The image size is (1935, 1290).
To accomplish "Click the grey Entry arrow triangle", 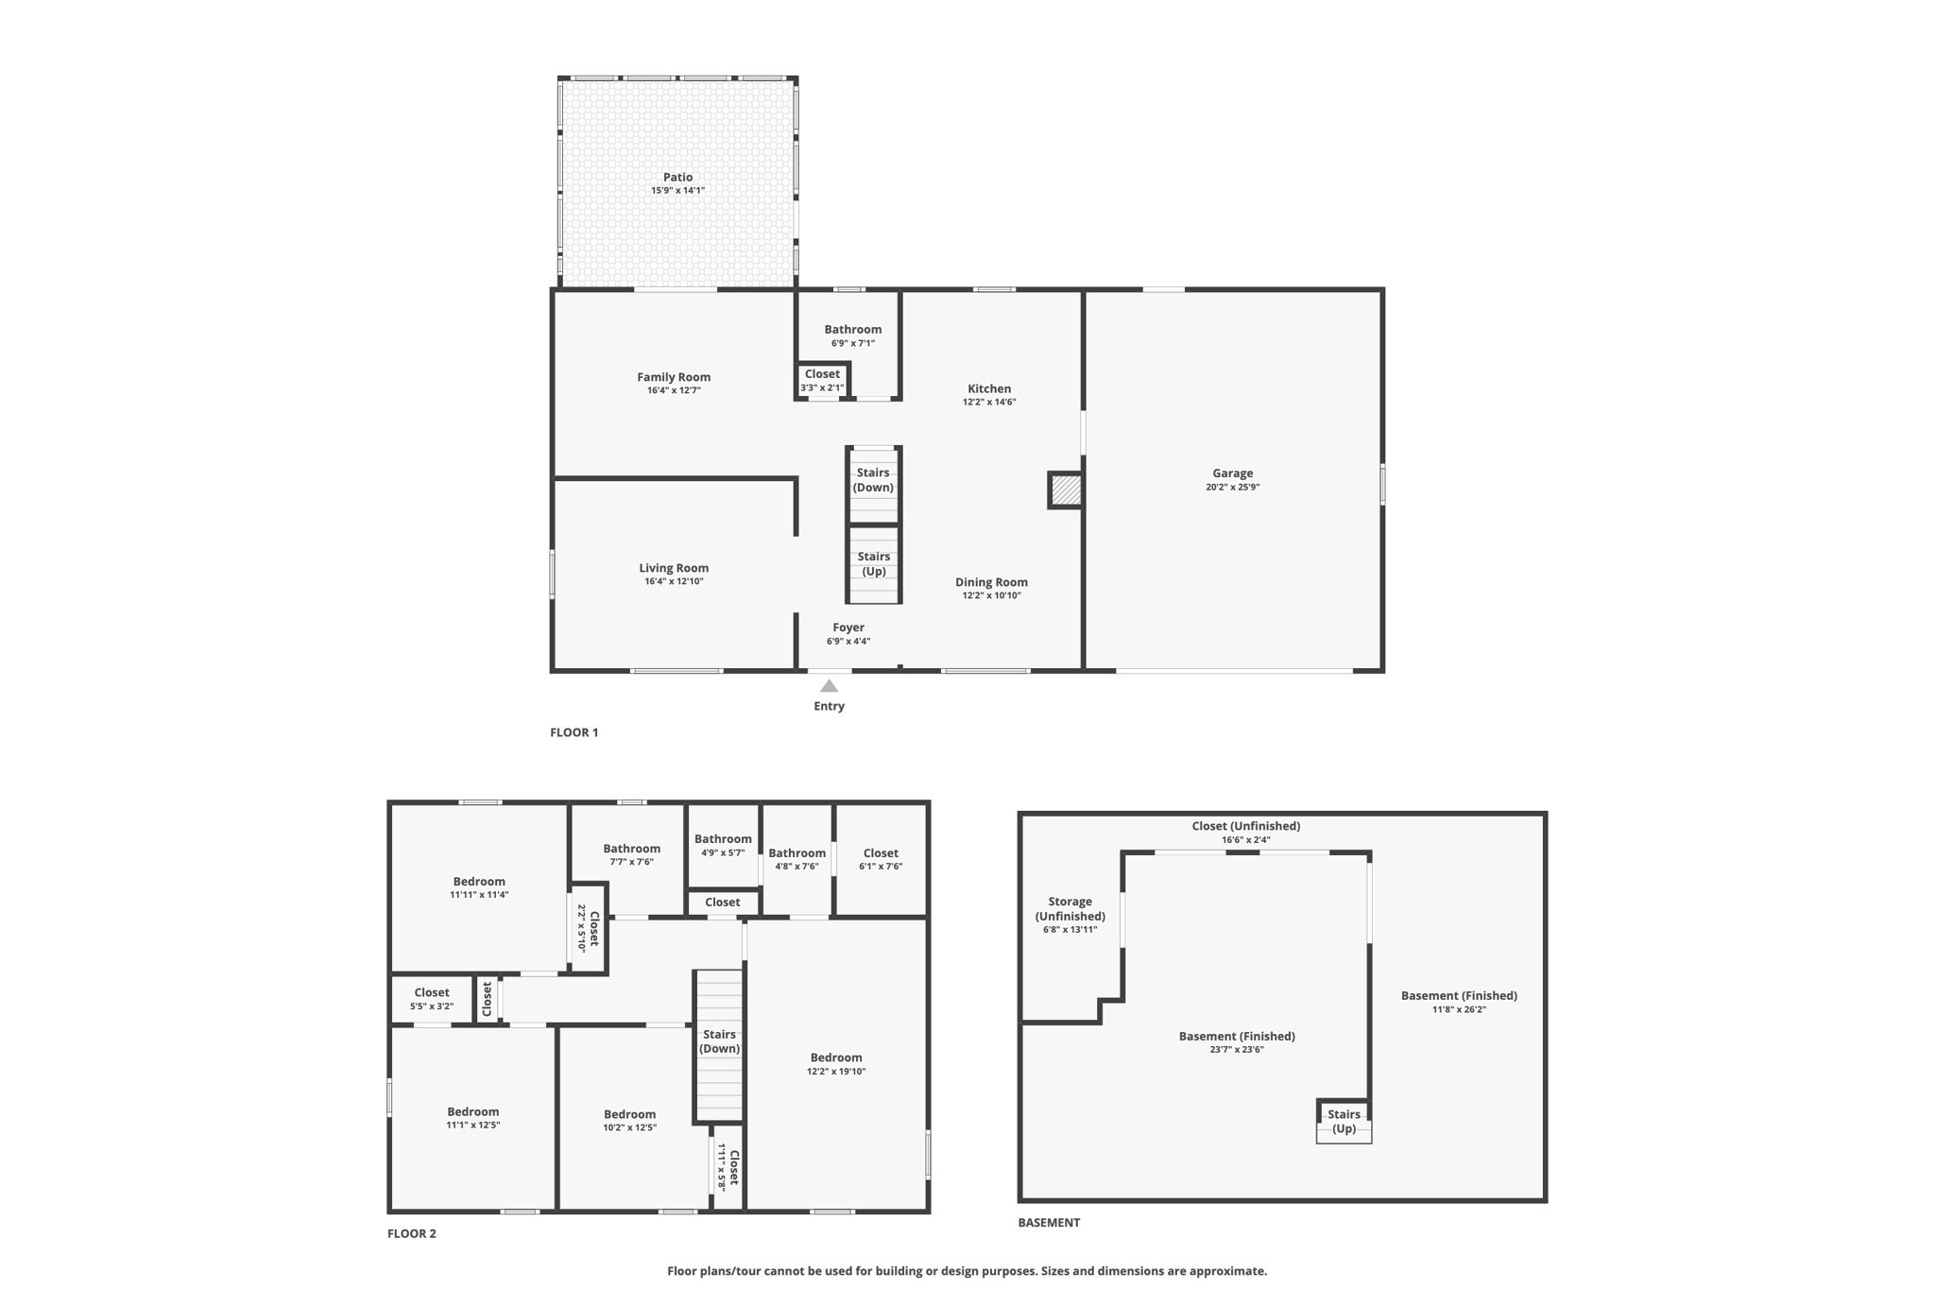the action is pyautogui.click(x=829, y=686).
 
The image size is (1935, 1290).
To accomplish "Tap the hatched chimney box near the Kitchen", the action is pyautogui.click(x=1066, y=490).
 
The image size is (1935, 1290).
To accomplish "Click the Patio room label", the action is pyautogui.click(x=677, y=177).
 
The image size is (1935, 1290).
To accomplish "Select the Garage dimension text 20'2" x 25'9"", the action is pyautogui.click(x=1232, y=488).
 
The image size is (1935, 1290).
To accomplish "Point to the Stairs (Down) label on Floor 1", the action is pyautogui.click(x=873, y=480).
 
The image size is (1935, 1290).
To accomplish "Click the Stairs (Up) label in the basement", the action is pyautogui.click(x=1344, y=1122).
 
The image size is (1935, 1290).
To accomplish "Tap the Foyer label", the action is pyautogui.click(x=848, y=628).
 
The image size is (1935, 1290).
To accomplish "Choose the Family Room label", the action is pyautogui.click(x=674, y=377).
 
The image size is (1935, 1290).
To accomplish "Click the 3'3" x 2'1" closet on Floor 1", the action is pyautogui.click(x=822, y=381).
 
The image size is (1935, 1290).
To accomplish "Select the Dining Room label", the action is pyautogui.click(x=991, y=582).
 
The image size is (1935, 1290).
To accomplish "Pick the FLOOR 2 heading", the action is pyautogui.click(x=412, y=1233).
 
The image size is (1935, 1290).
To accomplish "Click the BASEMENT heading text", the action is pyautogui.click(x=1049, y=1222).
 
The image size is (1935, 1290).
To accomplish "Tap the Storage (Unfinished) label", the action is pyautogui.click(x=1070, y=909).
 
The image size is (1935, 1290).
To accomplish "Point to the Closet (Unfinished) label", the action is pyautogui.click(x=1245, y=826).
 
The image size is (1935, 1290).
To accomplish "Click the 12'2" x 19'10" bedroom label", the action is pyautogui.click(x=836, y=1064).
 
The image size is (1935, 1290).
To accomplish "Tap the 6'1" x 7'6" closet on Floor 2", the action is pyautogui.click(x=881, y=859).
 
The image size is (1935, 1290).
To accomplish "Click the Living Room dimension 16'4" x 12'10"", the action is pyautogui.click(x=674, y=582).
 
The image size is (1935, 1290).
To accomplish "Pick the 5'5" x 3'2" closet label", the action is pyautogui.click(x=432, y=999).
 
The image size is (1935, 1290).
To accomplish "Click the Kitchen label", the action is pyautogui.click(x=989, y=388).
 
